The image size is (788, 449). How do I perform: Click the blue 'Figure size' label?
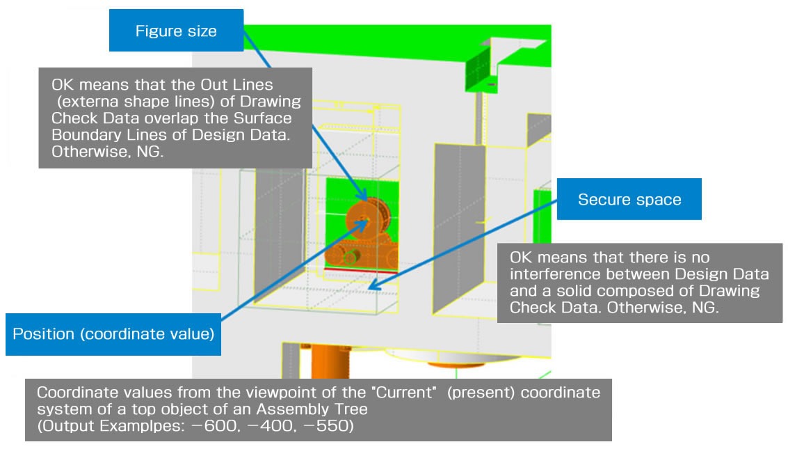[176, 31]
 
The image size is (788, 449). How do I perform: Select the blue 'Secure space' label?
[629, 200]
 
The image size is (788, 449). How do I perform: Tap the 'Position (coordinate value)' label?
[113, 333]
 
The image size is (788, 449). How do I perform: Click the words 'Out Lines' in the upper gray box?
[227, 86]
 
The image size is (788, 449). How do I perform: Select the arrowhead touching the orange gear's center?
[364, 221]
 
